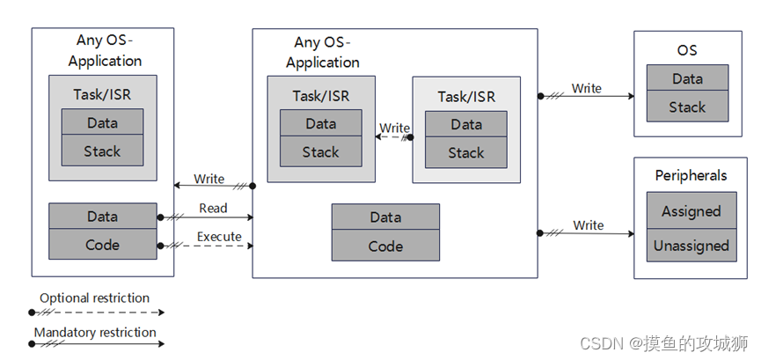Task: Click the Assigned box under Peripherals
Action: pos(691,211)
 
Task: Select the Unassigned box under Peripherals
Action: pos(691,246)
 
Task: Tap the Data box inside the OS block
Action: pos(687,78)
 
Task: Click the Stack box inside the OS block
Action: pos(687,107)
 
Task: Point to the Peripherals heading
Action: pos(691,175)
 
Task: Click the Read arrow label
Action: pos(213,209)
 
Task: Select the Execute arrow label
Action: pos(219,237)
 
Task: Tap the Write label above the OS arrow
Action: pos(587,88)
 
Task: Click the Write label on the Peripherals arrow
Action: pos(588,225)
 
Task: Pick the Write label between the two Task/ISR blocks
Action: pos(394,128)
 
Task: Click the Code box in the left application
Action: pos(102,245)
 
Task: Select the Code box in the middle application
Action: pos(385,246)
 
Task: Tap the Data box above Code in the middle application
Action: pos(385,217)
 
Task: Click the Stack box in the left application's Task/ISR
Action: pos(102,151)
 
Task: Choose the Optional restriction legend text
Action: pos(95,298)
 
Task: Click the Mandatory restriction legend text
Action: pos(95,332)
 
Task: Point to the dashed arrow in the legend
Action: pos(97,312)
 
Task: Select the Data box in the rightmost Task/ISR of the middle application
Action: pos(465,124)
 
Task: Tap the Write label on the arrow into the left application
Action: pos(209,179)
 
